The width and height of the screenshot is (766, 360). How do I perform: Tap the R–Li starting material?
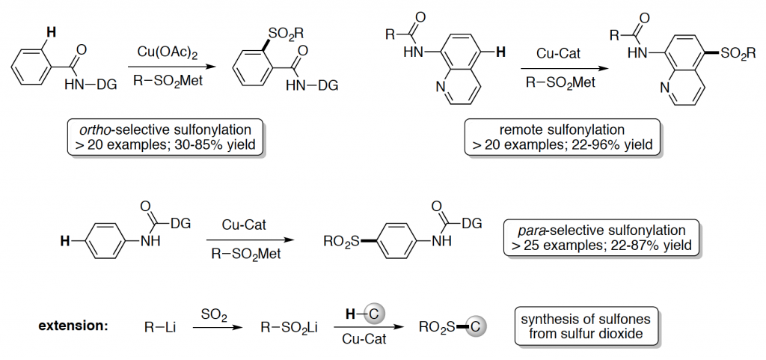pyautogui.click(x=159, y=327)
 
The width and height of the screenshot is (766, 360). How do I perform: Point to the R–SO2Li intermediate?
pyautogui.click(x=291, y=327)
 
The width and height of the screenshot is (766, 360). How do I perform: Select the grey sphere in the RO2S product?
pyautogui.click(x=479, y=326)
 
